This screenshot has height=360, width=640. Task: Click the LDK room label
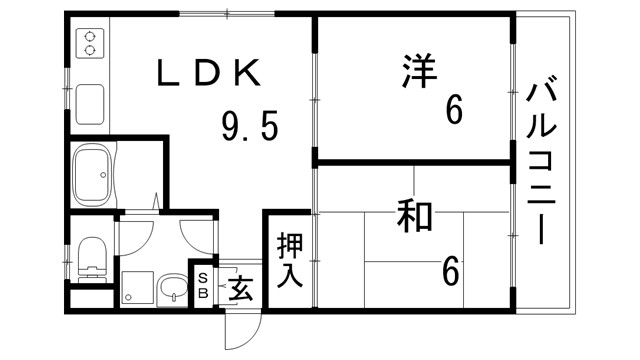click(209, 73)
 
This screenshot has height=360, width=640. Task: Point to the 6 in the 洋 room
click(454, 111)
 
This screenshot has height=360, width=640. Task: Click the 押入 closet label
click(289, 259)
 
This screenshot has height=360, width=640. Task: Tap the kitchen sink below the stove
click(91, 101)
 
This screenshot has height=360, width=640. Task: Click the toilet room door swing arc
click(136, 232)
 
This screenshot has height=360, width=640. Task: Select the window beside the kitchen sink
click(69, 95)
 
